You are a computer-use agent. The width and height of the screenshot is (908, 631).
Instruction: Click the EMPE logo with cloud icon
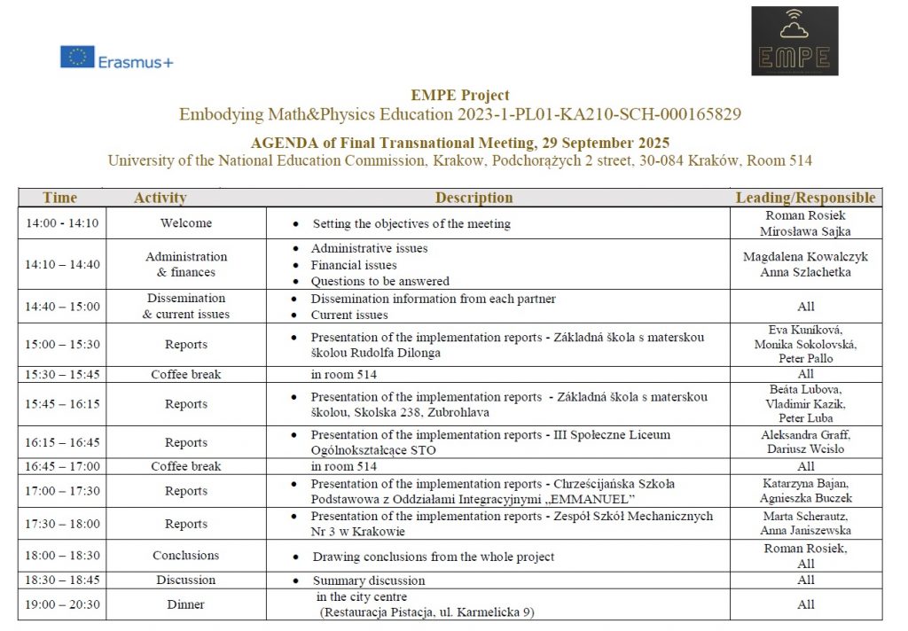(x=794, y=42)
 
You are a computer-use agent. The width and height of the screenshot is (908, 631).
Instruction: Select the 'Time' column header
(x=60, y=198)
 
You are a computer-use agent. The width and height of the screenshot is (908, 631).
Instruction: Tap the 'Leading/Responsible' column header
(x=805, y=198)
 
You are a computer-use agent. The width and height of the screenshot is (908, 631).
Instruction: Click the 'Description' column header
(x=474, y=198)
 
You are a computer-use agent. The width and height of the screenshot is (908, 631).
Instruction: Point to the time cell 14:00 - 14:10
(x=62, y=223)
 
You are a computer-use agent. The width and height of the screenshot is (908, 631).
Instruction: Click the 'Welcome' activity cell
(x=186, y=223)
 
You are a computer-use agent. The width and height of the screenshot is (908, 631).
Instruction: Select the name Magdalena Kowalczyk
(x=805, y=257)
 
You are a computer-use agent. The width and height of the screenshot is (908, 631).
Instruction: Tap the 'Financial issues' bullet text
(x=354, y=265)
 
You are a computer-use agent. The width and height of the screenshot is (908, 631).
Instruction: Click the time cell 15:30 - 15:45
(x=62, y=374)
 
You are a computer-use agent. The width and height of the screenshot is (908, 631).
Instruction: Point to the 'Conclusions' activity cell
(x=186, y=556)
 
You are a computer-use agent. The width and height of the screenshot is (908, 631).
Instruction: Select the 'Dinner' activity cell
(x=186, y=604)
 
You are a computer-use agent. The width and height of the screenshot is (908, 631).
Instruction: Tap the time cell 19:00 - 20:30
(x=62, y=604)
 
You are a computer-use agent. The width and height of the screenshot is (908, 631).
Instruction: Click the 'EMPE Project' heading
(x=460, y=96)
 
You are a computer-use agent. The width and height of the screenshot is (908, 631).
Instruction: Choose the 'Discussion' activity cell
(x=186, y=580)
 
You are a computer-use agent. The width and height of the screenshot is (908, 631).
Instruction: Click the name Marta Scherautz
(x=805, y=516)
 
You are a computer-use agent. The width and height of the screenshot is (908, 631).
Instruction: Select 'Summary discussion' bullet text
(x=368, y=580)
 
